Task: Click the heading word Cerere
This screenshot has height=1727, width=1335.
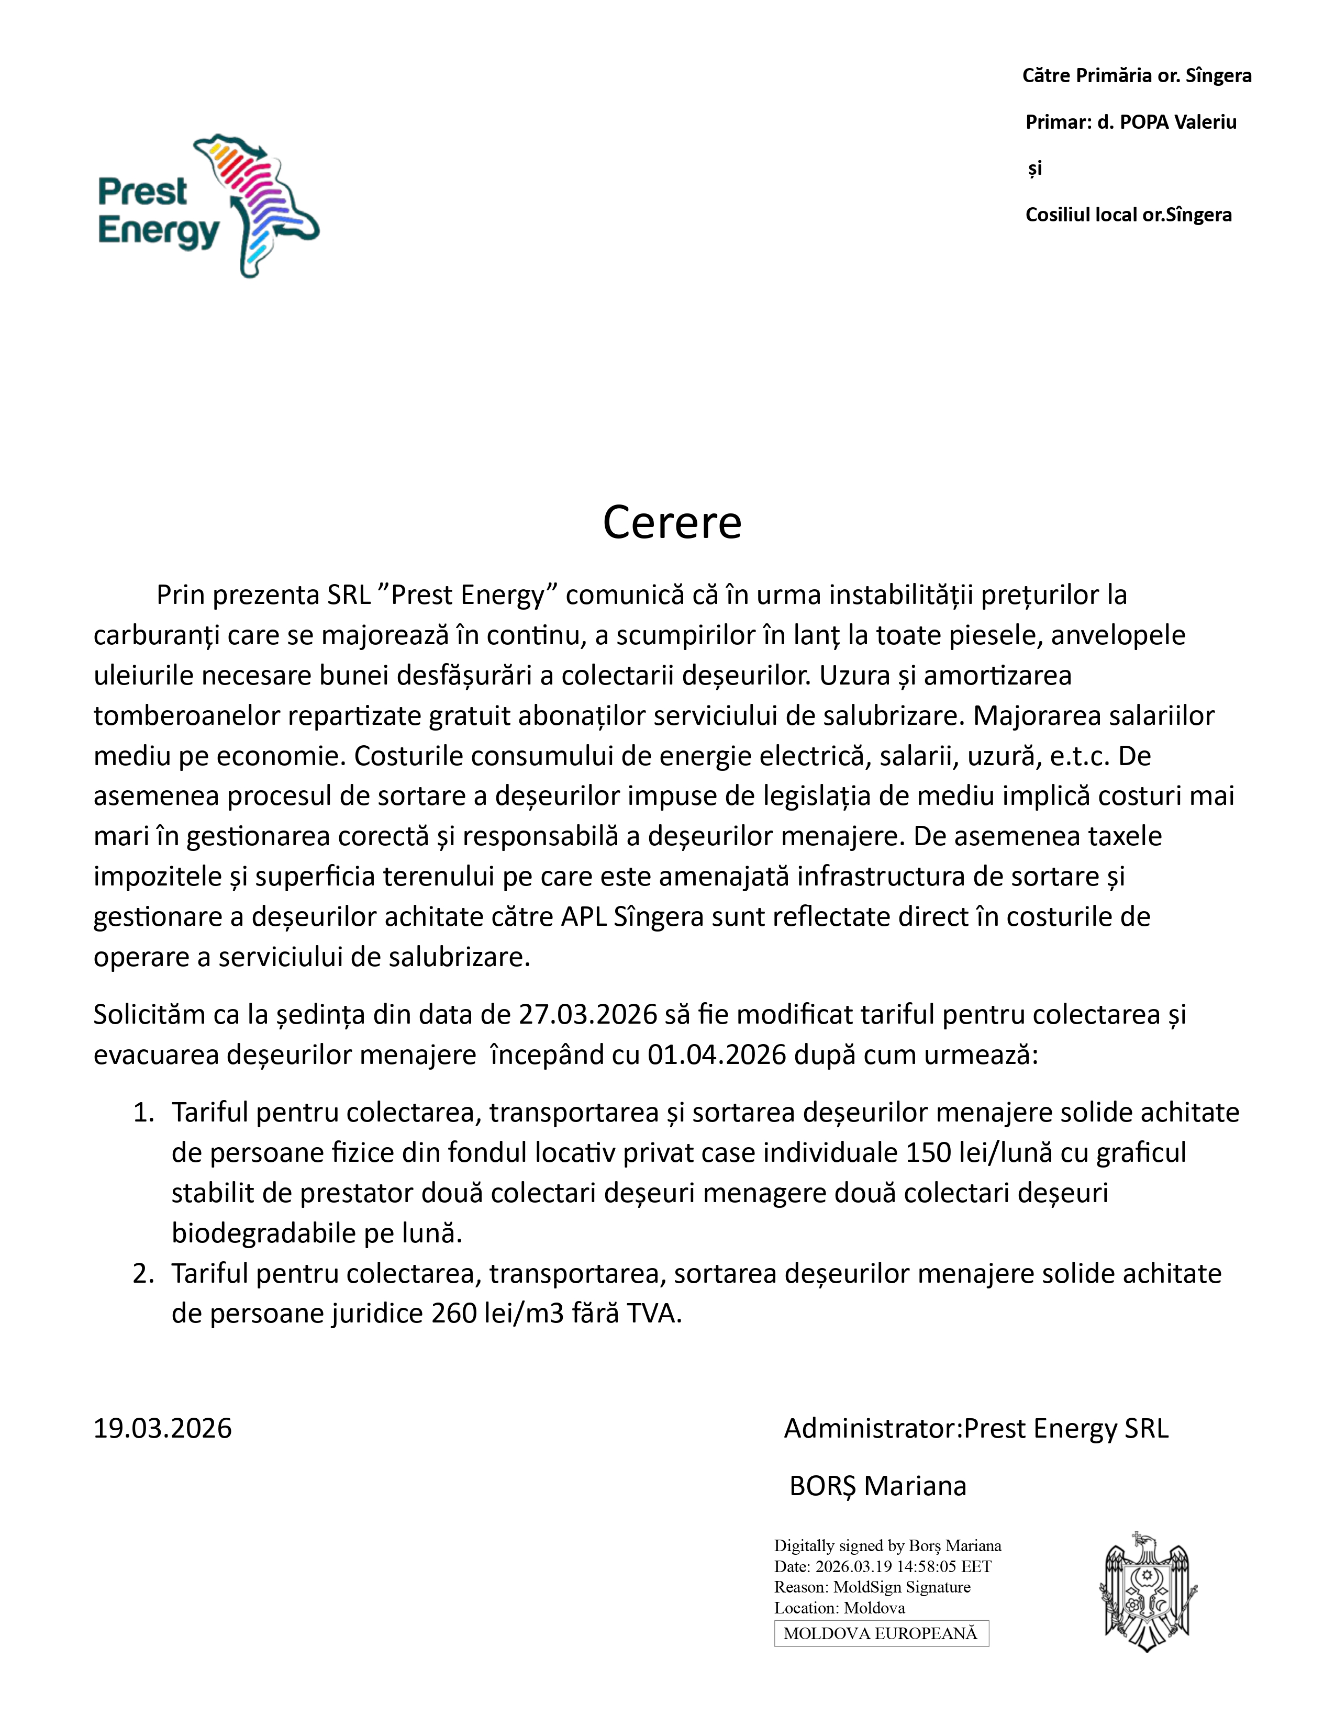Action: [672, 523]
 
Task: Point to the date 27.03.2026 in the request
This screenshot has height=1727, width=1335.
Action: [587, 1015]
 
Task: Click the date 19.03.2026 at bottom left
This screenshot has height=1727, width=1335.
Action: [163, 1429]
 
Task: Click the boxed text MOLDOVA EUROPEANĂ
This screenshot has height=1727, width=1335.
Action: [880, 1634]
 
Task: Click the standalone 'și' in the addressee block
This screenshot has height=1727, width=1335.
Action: [1034, 169]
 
